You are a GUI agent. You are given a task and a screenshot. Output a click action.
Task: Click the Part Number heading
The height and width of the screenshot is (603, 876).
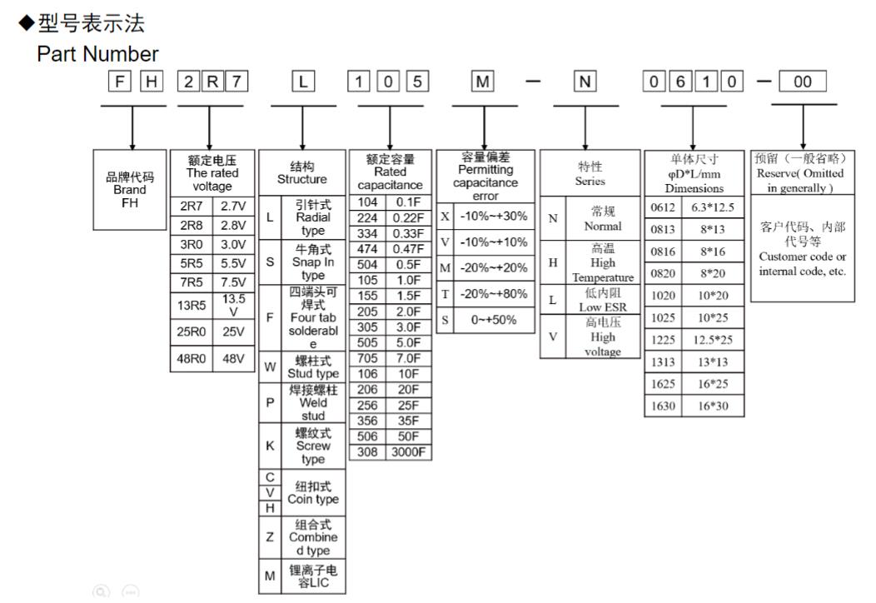click(97, 54)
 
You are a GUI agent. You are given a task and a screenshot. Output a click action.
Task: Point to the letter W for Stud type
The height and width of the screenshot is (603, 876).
click(270, 366)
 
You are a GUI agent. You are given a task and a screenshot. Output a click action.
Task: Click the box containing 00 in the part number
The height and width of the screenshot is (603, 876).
click(803, 82)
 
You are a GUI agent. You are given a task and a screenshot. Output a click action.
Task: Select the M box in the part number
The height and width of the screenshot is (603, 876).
click(484, 82)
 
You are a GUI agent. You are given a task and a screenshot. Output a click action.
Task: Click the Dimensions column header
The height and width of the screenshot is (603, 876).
click(694, 173)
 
